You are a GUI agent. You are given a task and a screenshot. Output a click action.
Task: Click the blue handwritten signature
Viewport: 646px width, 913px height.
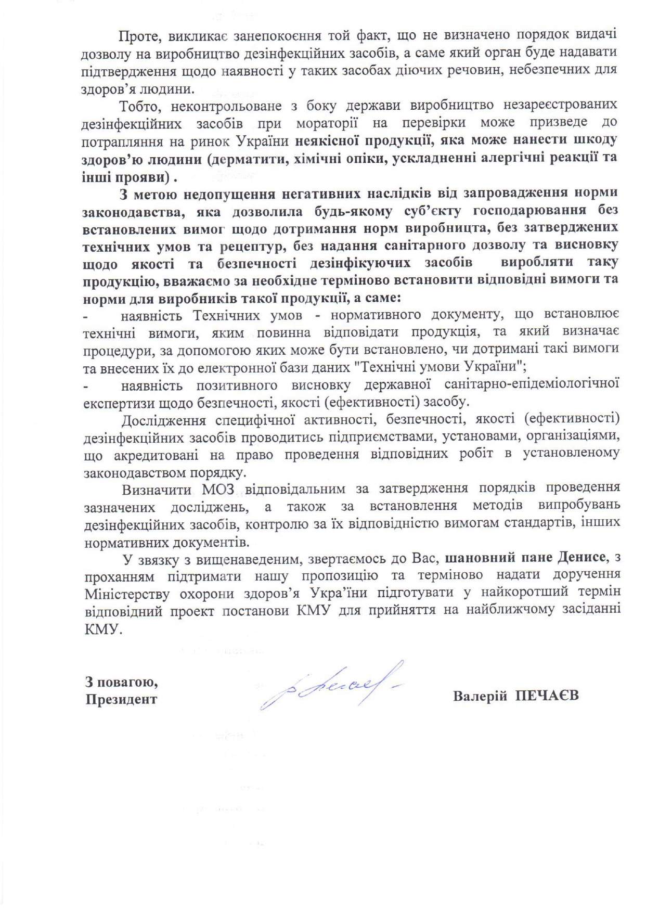[331, 686]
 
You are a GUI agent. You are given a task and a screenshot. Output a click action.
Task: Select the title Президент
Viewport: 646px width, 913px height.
[121, 699]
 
